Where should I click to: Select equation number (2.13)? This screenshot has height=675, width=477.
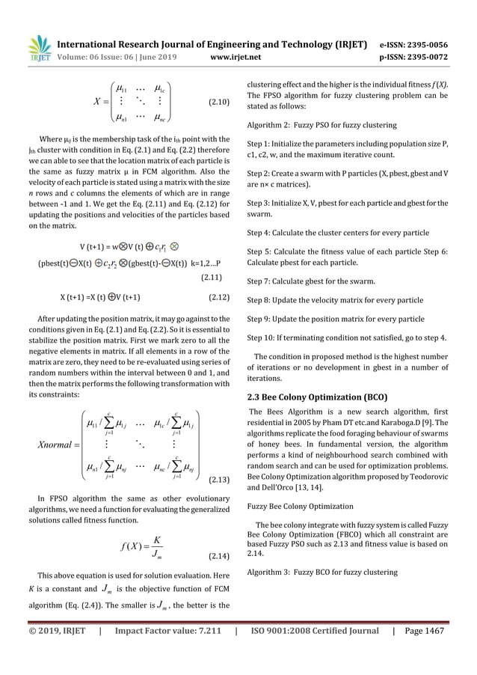[219, 477]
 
